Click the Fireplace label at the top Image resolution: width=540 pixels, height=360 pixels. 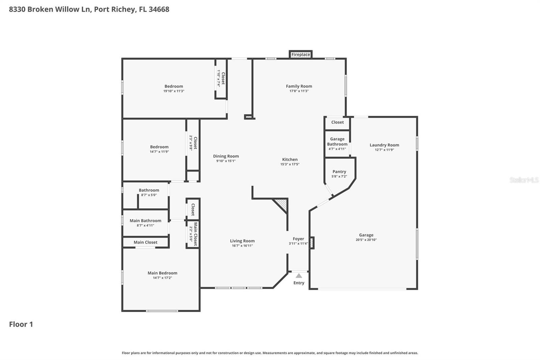click(300, 54)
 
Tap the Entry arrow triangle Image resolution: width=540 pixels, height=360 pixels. click(299, 276)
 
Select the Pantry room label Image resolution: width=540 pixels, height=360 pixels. click(339, 172)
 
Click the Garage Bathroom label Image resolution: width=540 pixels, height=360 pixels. click(337, 142)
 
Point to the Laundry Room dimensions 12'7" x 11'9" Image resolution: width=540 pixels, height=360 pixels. click(384, 150)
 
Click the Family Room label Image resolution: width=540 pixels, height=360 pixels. click(299, 86)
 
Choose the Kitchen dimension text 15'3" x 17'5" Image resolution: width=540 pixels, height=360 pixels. click(290, 164)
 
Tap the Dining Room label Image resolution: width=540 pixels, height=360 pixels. click(226, 156)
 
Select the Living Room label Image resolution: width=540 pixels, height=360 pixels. click(242, 241)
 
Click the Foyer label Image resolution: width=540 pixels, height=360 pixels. click(298, 239)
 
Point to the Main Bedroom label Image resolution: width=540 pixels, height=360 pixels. click(162, 273)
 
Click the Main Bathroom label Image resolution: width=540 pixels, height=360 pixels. click(145, 221)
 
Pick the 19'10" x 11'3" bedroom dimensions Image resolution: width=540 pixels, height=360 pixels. click(174, 91)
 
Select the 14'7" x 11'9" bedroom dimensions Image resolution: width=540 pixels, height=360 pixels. click(159, 152)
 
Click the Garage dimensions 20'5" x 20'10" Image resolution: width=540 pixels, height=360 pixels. click(366, 240)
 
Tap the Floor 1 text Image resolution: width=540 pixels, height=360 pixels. click(21, 324)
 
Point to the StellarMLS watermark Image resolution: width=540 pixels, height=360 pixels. click(524, 180)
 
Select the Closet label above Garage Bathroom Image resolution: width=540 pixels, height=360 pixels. click(337, 122)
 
